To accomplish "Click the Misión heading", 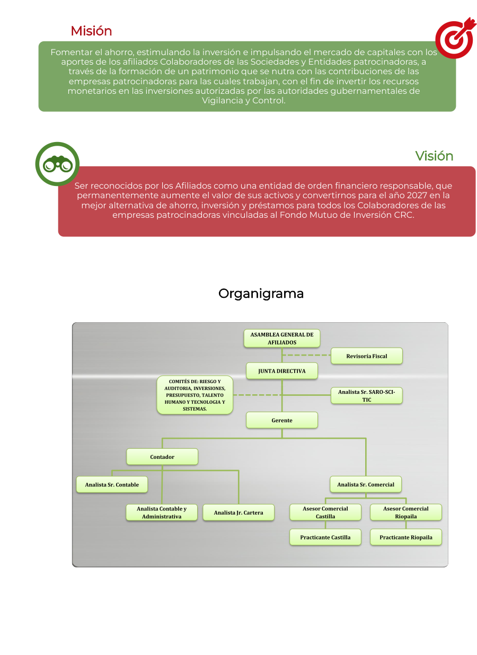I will [x=91, y=31].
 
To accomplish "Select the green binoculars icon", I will [x=57, y=164].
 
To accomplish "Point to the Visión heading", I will [x=434, y=156].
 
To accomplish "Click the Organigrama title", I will [x=261, y=294].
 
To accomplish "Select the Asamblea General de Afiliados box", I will [x=282, y=339].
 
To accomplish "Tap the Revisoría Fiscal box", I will [x=367, y=356].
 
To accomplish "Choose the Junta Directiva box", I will [x=282, y=371].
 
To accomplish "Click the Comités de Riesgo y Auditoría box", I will [x=195, y=395].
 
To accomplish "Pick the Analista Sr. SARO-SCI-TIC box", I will [x=367, y=396].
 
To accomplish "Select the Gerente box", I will [x=282, y=420].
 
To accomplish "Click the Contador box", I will [x=162, y=457].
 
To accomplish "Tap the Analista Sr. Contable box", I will [x=112, y=484].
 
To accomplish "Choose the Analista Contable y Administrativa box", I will [x=162, y=512].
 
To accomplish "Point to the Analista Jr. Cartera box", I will [x=238, y=512].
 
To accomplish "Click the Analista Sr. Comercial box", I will [x=366, y=484].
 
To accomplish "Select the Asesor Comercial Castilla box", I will [x=325, y=512].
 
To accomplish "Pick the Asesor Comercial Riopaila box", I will [x=406, y=512].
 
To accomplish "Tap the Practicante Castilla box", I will [x=325, y=537].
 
